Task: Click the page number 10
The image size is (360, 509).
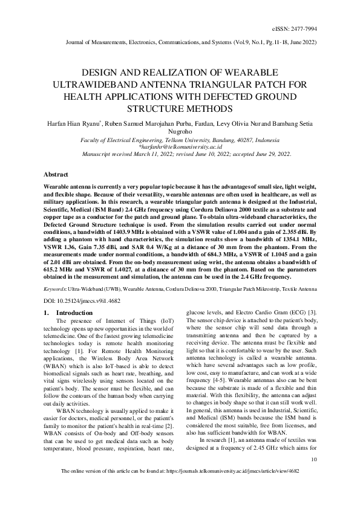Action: click(x=313, y=459)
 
